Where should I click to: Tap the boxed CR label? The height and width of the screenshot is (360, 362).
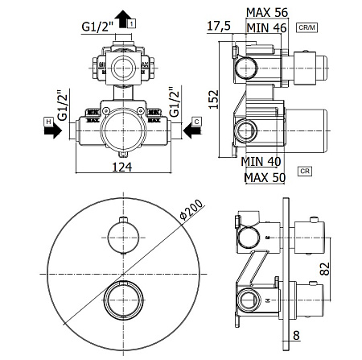point(305,172)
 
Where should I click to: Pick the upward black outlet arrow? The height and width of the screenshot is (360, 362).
point(120,18)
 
